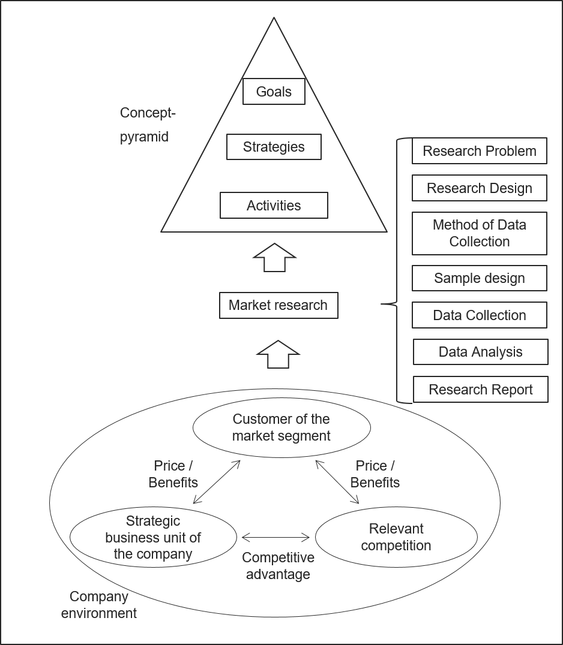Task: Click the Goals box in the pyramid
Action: point(274,92)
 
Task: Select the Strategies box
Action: point(274,147)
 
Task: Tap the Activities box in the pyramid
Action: point(274,206)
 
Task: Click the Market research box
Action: point(278,305)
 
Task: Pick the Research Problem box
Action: point(479,151)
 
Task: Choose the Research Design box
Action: point(479,188)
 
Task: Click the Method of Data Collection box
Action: point(479,233)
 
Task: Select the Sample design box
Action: point(479,278)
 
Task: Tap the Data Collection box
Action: point(479,315)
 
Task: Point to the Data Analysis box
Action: point(480,352)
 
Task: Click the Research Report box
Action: point(480,390)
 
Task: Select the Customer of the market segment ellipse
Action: point(281,427)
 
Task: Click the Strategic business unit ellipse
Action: point(153,538)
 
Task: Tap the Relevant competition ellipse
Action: point(396,537)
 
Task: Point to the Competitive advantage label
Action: point(278,566)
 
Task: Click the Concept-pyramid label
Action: point(148,125)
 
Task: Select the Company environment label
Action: point(98,605)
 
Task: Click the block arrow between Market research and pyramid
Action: point(274,258)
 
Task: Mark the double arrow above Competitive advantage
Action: point(275,537)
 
